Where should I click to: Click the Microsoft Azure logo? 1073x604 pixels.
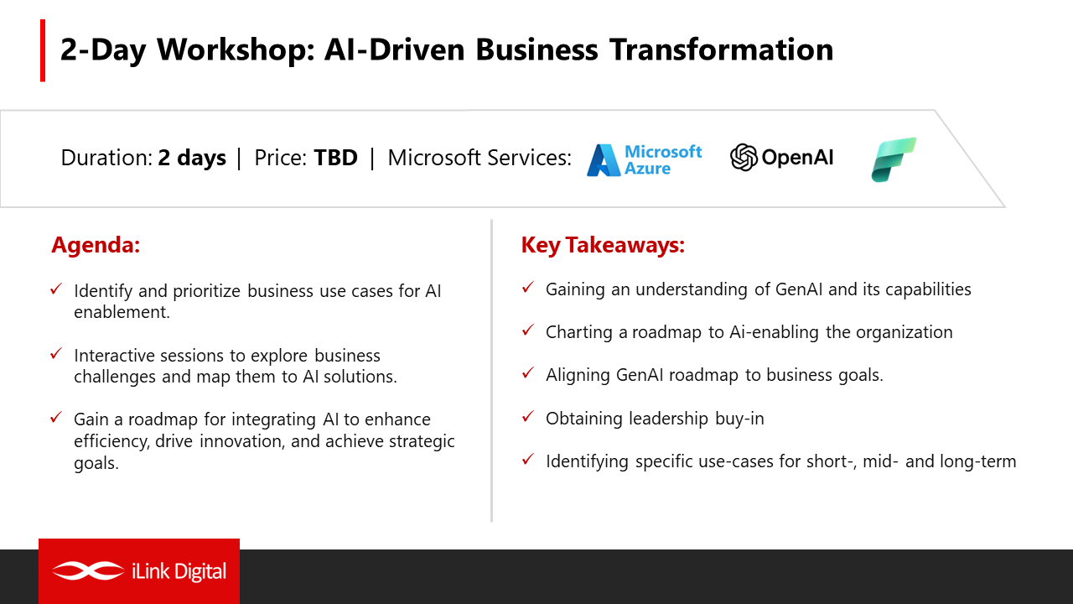[x=645, y=160]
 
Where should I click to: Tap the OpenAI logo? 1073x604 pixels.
[x=782, y=157]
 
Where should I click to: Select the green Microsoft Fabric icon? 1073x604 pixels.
[x=894, y=159]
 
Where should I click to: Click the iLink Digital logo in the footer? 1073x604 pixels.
[x=139, y=571]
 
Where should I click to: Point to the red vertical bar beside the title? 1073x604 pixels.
[x=43, y=50]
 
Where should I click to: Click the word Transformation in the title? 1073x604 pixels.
[x=722, y=49]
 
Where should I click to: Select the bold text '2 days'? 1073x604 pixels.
[x=192, y=159]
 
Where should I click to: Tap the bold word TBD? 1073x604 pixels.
[x=335, y=158]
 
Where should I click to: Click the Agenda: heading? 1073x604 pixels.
[x=96, y=245]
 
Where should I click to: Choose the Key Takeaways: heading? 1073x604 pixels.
[x=603, y=245]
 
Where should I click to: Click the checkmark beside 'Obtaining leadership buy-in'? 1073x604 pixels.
[x=528, y=416]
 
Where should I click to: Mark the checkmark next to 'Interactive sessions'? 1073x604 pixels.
[x=56, y=354]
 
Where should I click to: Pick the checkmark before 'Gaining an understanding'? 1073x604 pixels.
[x=528, y=287]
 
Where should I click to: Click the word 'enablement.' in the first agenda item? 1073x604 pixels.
[x=122, y=312]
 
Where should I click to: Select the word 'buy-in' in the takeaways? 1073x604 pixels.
[x=739, y=419]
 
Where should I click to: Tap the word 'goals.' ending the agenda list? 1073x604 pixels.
[x=96, y=463]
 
